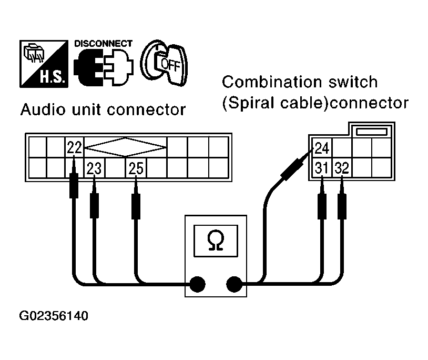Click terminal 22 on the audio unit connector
[74, 148]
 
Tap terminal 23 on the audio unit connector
[94, 168]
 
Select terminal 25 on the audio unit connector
[136, 168]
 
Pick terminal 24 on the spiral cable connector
[322, 148]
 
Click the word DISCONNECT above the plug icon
[103, 44]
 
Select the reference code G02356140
[54, 317]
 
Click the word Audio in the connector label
[40, 110]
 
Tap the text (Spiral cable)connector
[314, 102]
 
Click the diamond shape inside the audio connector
[126, 148]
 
